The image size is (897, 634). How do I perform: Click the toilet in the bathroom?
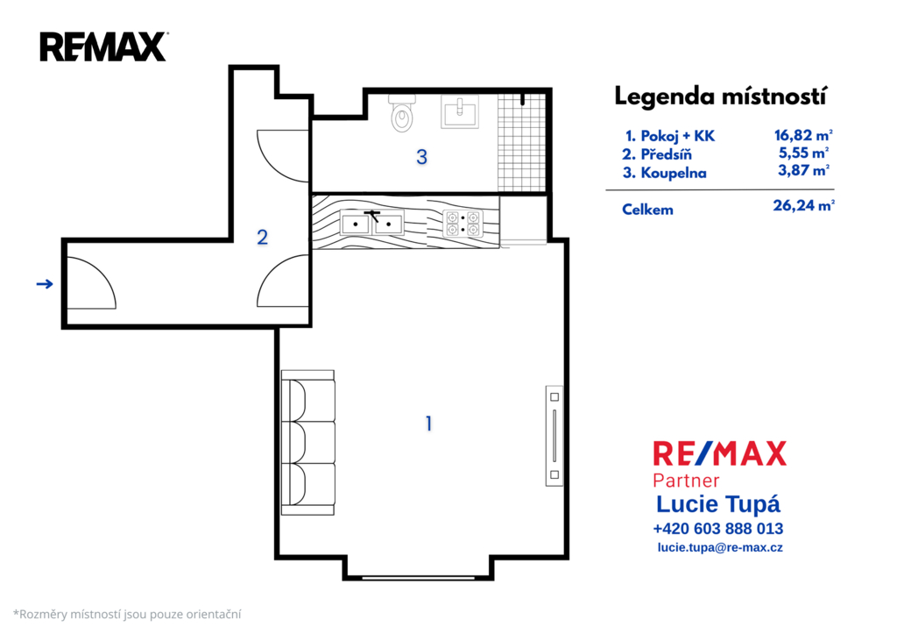tap(403, 113)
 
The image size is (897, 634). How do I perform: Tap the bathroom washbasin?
tap(459, 111)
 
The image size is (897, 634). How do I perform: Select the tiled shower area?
tap(522, 143)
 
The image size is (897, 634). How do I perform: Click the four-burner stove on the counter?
tap(463, 224)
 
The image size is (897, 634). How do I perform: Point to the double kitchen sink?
tap(371, 223)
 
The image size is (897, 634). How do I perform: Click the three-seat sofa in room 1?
tap(307, 443)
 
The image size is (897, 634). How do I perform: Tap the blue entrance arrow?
tap(45, 283)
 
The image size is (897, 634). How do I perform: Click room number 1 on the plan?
tap(428, 424)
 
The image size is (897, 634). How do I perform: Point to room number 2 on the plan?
tap(262, 237)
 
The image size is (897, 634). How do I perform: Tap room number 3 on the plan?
tap(421, 157)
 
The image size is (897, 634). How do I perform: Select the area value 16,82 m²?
tap(803, 135)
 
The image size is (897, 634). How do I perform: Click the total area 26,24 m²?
tap(804, 205)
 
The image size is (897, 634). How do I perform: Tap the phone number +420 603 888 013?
tap(718, 528)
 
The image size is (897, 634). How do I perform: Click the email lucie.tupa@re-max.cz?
tap(720, 547)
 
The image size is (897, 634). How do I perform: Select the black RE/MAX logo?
tap(103, 47)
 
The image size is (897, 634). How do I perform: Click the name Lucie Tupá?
tap(718, 504)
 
